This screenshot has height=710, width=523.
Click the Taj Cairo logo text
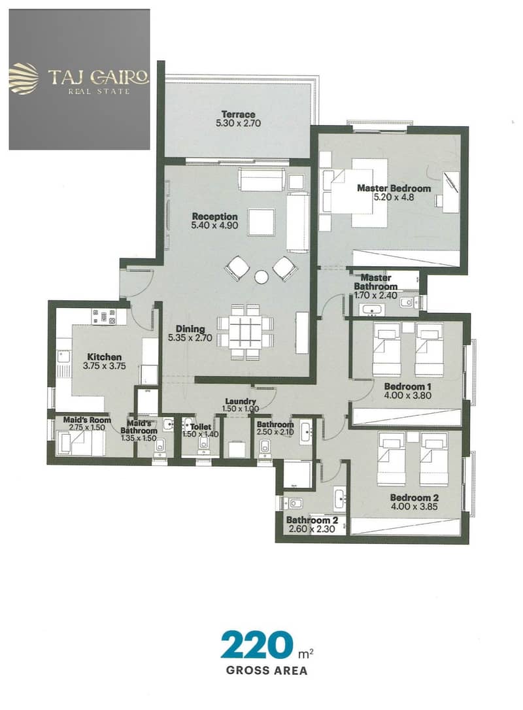tap(98, 77)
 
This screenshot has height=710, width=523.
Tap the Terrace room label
tap(238, 114)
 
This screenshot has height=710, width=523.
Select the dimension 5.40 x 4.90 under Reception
tap(214, 225)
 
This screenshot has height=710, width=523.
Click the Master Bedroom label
tap(394, 188)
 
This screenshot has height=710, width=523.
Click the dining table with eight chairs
tap(245, 332)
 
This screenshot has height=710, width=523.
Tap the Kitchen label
tap(104, 357)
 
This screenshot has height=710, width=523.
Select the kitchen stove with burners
tap(104, 316)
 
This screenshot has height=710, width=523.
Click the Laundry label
tap(241, 401)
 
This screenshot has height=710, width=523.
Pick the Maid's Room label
tap(87, 420)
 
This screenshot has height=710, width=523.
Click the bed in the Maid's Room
tap(80, 443)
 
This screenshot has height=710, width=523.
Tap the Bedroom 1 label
tap(407, 386)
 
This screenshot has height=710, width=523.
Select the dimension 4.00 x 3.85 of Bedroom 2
tap(414, 506)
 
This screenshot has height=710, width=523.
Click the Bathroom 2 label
tap(312, 520)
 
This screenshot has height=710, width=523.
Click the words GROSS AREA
tap(266, 670)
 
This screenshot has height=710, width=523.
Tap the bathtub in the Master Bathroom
tap(372, 310)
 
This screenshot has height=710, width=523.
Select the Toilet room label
tap(200, 426)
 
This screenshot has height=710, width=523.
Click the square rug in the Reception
tap(261, 222)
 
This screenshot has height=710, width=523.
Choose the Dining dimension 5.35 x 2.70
tap(190, 337)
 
